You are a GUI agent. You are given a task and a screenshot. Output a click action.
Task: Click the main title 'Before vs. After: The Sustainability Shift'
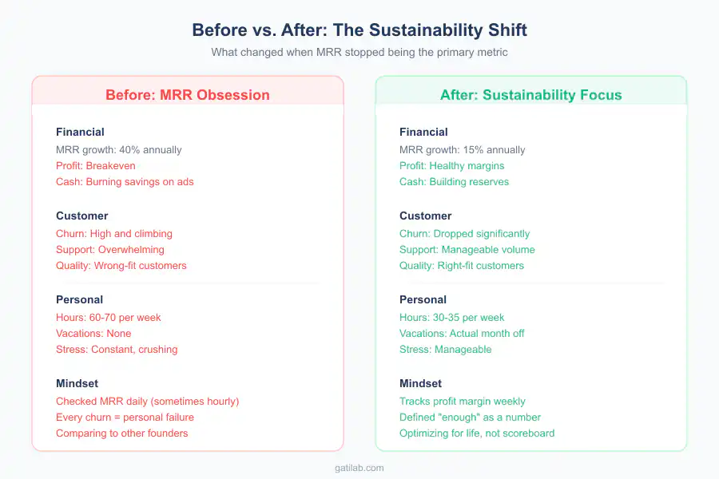359,30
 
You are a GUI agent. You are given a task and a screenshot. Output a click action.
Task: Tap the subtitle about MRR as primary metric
359,52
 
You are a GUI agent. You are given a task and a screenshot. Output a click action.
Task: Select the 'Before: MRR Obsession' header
188,95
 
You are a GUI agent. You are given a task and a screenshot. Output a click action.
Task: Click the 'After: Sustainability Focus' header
530,95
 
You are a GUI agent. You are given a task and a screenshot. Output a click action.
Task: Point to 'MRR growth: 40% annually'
119,149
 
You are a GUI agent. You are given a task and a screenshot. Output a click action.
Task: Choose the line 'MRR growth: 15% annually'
463,149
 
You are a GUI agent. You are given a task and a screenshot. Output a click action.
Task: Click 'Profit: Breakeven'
96,165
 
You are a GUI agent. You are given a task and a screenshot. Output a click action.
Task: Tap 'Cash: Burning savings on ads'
125,181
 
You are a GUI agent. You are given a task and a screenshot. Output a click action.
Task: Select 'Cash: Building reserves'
454,181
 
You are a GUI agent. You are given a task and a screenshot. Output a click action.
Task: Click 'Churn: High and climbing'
114,233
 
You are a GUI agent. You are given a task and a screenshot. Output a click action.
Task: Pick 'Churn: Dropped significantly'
464,233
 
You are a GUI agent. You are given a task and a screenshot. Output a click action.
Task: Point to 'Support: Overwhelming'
110,249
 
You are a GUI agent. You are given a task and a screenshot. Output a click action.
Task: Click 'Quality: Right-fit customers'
462,265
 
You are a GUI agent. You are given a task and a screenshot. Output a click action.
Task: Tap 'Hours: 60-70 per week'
109,317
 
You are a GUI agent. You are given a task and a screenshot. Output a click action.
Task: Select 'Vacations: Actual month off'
462,333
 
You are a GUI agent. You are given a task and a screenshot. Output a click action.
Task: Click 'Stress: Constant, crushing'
117,349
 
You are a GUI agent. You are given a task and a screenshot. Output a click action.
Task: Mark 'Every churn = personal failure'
125,417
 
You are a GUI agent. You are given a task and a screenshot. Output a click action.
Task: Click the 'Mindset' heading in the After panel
421,383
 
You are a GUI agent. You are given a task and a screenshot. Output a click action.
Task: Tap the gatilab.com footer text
359,468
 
